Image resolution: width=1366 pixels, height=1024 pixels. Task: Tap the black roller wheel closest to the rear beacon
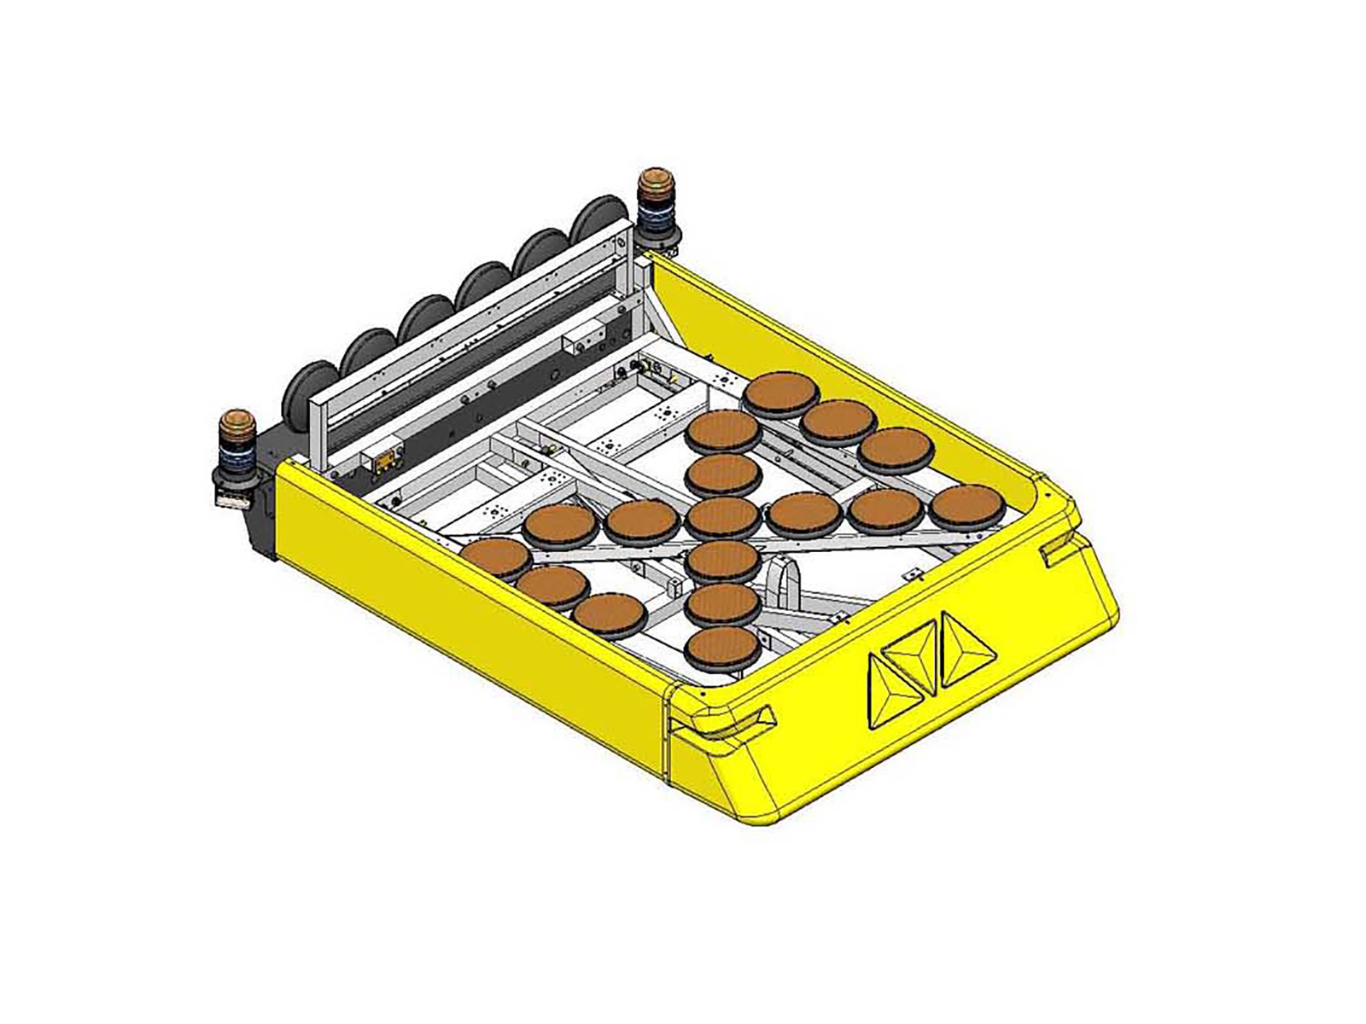598,227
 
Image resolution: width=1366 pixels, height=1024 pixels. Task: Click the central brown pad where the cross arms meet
724,515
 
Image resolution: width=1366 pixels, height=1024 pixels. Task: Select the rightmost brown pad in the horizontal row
965,507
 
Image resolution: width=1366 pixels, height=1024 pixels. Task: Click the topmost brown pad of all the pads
781,393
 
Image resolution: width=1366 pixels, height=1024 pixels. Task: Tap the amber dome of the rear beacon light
656,182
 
